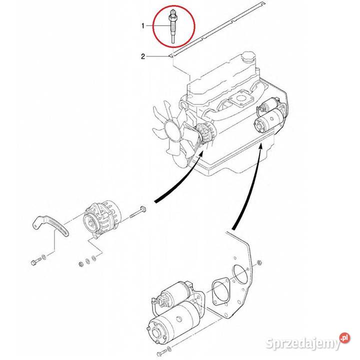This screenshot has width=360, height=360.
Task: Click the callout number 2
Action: [x=143, y=57]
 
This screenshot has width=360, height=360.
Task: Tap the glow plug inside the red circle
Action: [x=172, y=27]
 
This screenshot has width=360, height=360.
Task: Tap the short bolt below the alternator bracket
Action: [x=35, y=261]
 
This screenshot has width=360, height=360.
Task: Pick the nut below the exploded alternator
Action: [x=80, y=263]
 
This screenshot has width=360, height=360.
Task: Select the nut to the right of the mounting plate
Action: [x=259, y=263]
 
